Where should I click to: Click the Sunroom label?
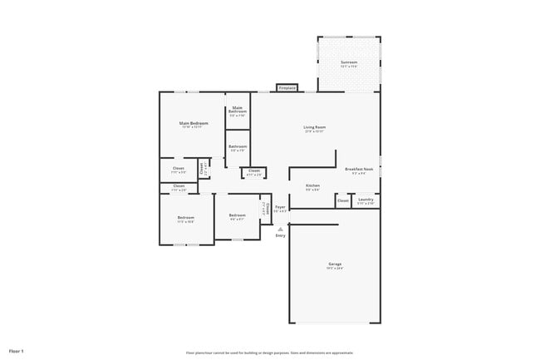(348, 62)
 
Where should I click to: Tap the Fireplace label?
(287, 87)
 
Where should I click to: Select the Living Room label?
(314, 127)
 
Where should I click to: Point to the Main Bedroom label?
(194, 123)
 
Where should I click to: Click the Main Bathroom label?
(238, 109)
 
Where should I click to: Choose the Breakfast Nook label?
(359, 169)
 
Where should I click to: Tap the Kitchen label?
(312, 185)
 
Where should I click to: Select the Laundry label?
(366, 199)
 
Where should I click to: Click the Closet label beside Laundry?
(343, 200)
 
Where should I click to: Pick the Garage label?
(334, 264)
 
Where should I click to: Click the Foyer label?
(280, 206)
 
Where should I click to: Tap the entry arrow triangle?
(280, 228)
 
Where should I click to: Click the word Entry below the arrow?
(280, 235)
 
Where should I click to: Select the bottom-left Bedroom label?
(185, 218)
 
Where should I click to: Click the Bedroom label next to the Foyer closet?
(237, 215)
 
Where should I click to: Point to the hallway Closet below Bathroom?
(254, 171)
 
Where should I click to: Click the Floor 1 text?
(17, 351)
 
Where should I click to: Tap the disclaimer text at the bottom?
(269, 352)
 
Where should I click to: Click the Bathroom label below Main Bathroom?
(238, 146)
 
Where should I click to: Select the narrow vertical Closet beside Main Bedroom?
(202, 169)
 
